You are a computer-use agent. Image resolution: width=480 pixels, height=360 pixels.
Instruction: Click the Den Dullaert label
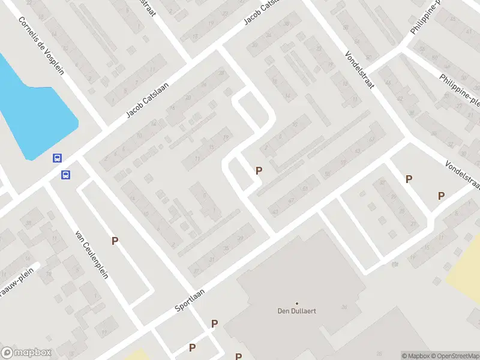(x=296, y=311)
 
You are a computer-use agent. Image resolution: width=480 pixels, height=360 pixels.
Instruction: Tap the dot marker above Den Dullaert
(x=296, y=303)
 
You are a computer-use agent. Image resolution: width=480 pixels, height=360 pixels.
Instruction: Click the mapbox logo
(x=26, y=353)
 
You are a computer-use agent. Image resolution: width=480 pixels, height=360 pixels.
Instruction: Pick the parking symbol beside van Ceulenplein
(x=114, y=241)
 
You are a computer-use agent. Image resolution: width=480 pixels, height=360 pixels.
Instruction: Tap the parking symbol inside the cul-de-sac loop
(x=259, y=171)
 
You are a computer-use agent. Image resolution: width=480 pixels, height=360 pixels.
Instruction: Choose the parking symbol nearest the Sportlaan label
(x=214, y=324)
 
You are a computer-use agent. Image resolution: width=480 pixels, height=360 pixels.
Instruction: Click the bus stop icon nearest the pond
(x=57, y=158)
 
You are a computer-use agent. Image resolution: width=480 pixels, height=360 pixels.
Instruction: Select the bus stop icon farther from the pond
(x=65, y=175)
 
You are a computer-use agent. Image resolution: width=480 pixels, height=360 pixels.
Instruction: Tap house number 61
(x=305, y=188)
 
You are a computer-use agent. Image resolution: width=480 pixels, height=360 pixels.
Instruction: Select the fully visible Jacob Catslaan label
(x=148, y=98)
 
